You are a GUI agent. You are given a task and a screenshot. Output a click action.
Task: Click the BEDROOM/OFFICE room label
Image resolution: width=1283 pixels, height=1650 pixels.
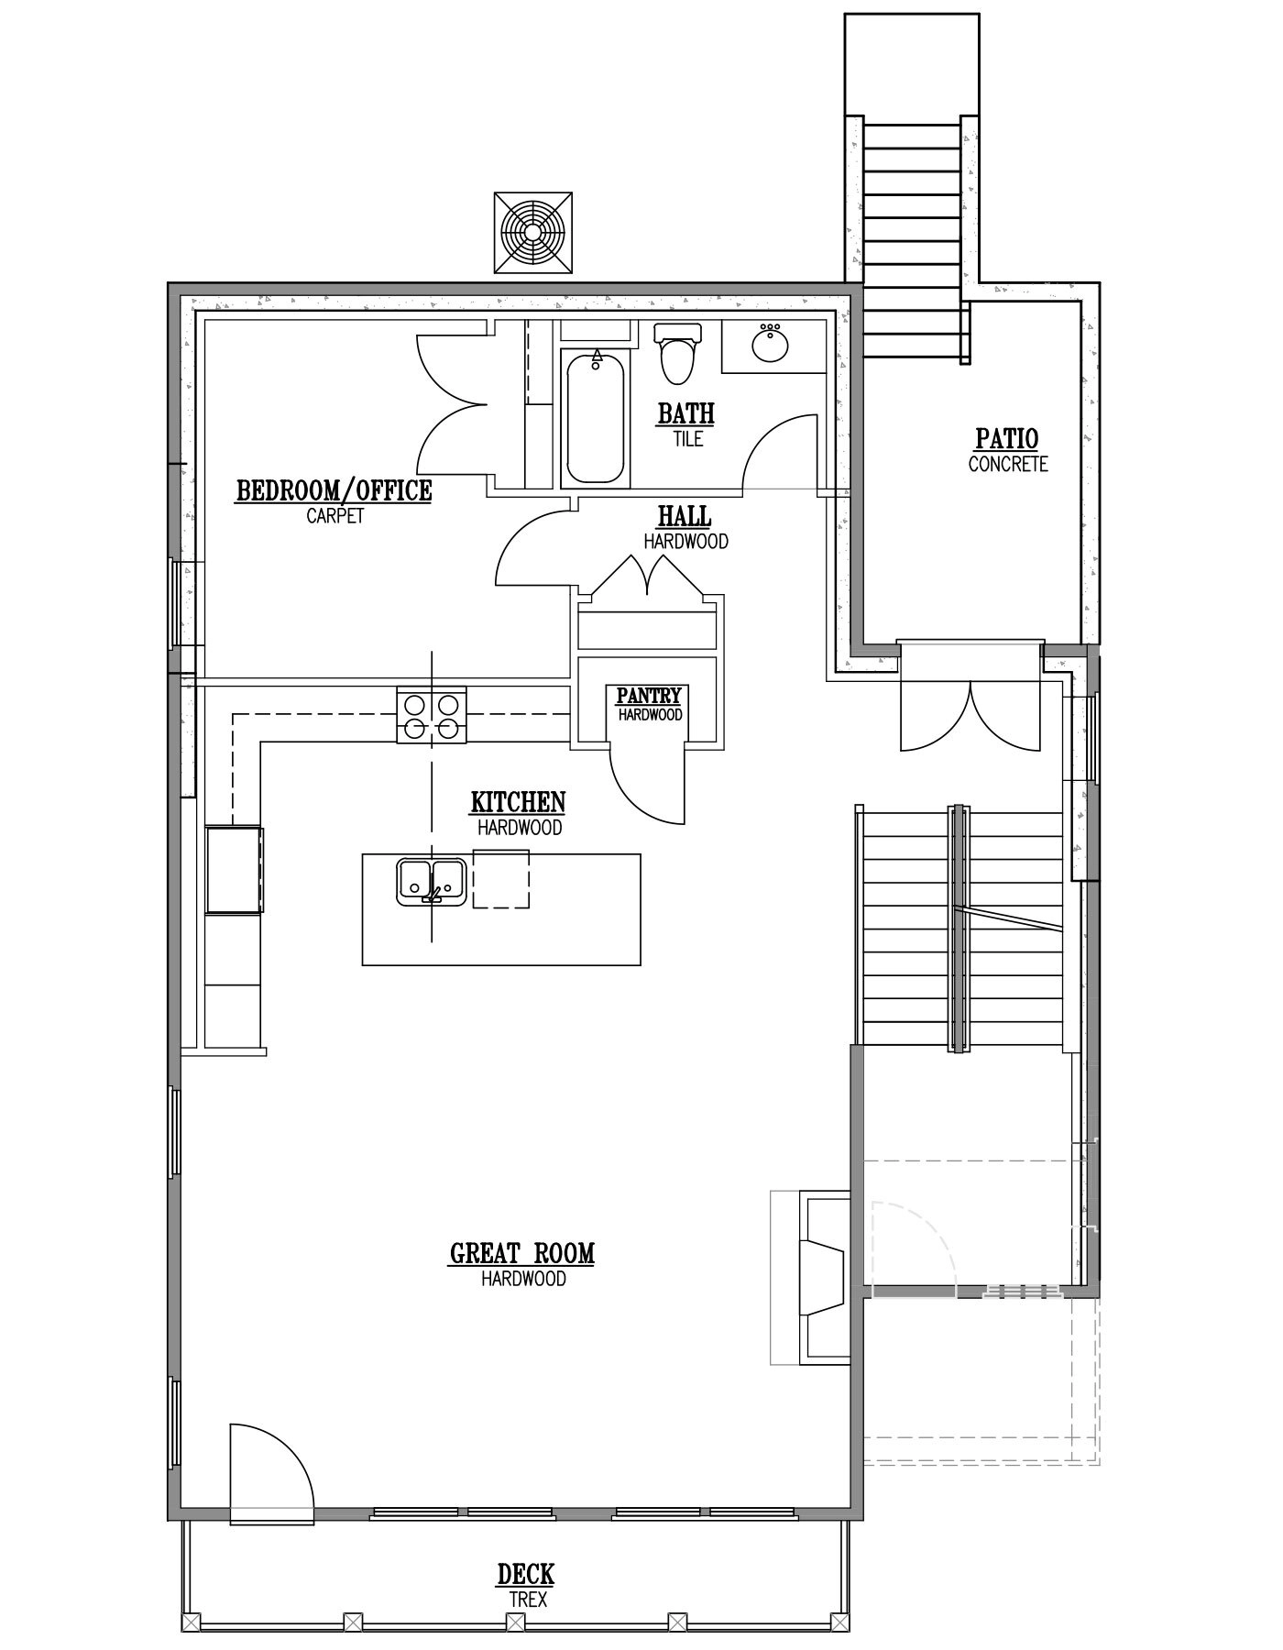tap(334, 490)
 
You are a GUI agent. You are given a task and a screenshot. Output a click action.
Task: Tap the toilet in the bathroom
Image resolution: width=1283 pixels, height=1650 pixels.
tap(677, 353)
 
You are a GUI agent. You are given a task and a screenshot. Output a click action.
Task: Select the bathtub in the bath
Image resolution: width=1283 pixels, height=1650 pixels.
tap(596, 419)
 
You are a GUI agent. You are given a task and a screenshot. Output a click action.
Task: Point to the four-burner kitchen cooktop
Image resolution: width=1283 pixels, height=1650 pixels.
tap(431, 715)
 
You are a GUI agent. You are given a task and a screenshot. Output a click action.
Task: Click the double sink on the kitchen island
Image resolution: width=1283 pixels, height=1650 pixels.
tap(433, 881)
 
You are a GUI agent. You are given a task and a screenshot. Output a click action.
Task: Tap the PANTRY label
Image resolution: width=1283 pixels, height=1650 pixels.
tap(649, 697)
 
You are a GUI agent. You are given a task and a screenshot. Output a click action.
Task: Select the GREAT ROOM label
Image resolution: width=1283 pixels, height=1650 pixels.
tap(522, 1253)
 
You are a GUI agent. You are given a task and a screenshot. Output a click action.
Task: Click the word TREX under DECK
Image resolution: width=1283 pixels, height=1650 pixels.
tap(528, 1600)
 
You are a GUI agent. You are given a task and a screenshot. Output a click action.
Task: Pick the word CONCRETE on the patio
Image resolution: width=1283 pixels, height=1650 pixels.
tap(1007, 464)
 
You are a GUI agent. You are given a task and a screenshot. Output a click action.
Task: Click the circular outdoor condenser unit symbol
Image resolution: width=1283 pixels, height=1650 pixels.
tap(533, 232)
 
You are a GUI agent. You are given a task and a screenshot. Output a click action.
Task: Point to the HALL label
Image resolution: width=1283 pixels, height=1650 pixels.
tap(685, 516)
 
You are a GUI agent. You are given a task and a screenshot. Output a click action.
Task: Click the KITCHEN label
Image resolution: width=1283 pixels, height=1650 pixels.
tap(519, 802)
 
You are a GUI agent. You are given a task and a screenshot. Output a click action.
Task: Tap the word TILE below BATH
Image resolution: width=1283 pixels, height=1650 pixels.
tap(687, 439)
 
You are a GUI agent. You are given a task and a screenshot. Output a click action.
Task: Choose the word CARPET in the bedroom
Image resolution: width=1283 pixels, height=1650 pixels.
tap(335, 515)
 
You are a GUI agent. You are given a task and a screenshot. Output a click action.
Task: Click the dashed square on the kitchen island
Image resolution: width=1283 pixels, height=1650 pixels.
tap(501, 878)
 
